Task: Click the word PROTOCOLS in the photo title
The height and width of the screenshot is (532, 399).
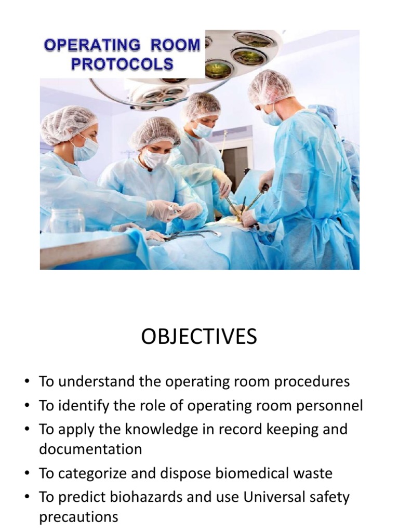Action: coord(122,64)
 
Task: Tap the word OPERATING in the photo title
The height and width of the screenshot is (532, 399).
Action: coord(92,46)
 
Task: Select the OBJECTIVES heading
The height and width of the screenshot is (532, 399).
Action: coord(199,337)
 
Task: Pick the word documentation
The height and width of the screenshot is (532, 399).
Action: coord(90,449)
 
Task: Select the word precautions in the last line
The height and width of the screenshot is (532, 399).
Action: coord(78,517)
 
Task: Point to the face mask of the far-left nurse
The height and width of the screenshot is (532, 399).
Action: coord(86,149)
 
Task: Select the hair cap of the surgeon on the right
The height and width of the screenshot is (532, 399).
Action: coord(270,87)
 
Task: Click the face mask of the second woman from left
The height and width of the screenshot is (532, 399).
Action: coord(156,158)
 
